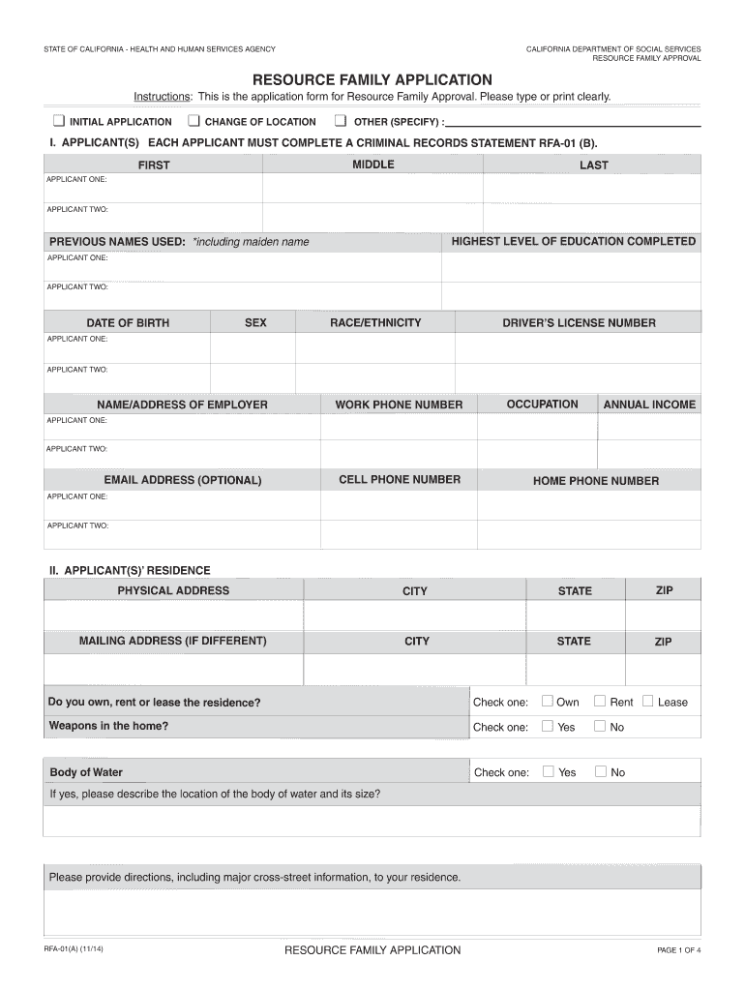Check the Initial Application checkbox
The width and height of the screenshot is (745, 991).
pos(58,121)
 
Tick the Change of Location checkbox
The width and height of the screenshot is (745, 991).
pos(194,121)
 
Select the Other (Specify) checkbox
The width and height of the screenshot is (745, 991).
pos(341,121)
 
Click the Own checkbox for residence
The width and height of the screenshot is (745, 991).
pos(548,701)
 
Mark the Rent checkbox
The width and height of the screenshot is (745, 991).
pos(600,701)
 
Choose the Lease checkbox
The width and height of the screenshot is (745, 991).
pos(647,701)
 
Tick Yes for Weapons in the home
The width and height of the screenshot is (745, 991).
pos(548,726)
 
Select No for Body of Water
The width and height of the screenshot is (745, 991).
pos(600,771)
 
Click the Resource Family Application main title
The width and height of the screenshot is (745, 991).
pos(372,79)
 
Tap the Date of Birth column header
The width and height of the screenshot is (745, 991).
pos(128,322)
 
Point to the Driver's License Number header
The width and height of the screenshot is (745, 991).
pos(579,322)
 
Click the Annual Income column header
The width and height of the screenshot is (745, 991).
pos(649,405)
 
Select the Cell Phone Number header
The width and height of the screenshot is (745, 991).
pos(400,479)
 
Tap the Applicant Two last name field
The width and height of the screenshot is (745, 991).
pos(592,217)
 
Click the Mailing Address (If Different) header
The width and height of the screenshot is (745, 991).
pos(173,641)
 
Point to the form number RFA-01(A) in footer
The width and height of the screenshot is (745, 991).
pos(74,949)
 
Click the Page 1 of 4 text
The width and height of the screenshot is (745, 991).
pos(678,950)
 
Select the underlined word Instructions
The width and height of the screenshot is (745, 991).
pos(162,97)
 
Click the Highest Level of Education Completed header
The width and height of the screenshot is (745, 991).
pos(573,241)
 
